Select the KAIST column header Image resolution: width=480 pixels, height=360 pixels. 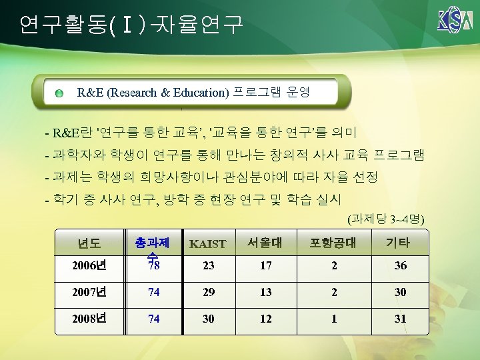click(x=208, y=244)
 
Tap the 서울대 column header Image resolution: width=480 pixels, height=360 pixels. click(x=266, y=243)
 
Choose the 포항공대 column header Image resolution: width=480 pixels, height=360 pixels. click(x=333, y=243)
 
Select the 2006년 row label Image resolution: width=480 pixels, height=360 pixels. click(x=90, y=266)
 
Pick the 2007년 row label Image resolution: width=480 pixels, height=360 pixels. click(x=90, y=293)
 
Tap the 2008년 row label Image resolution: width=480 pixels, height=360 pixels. click(x=90, y=319)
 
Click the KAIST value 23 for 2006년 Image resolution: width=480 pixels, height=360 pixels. click(x=208, y=266)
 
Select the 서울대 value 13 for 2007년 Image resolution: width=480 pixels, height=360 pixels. click(x=266, y=293)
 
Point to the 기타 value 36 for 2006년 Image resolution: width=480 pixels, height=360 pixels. click(x=400, y=266)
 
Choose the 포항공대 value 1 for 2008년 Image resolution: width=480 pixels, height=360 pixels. click(x=334, y=319)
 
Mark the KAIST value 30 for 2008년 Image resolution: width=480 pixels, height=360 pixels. click(x=208, y=319)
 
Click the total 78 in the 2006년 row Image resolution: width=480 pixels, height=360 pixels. click(x=153, y=266)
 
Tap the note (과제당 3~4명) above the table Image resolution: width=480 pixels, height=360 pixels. click(x=387, y=218)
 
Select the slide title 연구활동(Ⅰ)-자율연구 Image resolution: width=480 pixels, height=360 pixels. click(x=131, y=25)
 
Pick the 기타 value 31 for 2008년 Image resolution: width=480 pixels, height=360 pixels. click(x=400, y=319)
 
